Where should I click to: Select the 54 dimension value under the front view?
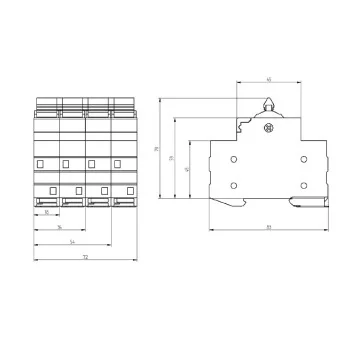(71, 242)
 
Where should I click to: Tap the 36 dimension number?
(59, 227)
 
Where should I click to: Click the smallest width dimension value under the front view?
(47, 212)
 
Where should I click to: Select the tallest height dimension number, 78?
(157, 150)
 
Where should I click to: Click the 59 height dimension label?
(172, 158)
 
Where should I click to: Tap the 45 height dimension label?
(188, 170)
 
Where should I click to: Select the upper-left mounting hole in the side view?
(233, 158)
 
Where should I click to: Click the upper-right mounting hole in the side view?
(303, 158)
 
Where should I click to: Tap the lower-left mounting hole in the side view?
(233, 184)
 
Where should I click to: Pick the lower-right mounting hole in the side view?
(303, 184)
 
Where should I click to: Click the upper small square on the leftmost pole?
(41, 162)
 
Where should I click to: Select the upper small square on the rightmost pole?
(117, 162)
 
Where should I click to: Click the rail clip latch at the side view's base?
(300, 207)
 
